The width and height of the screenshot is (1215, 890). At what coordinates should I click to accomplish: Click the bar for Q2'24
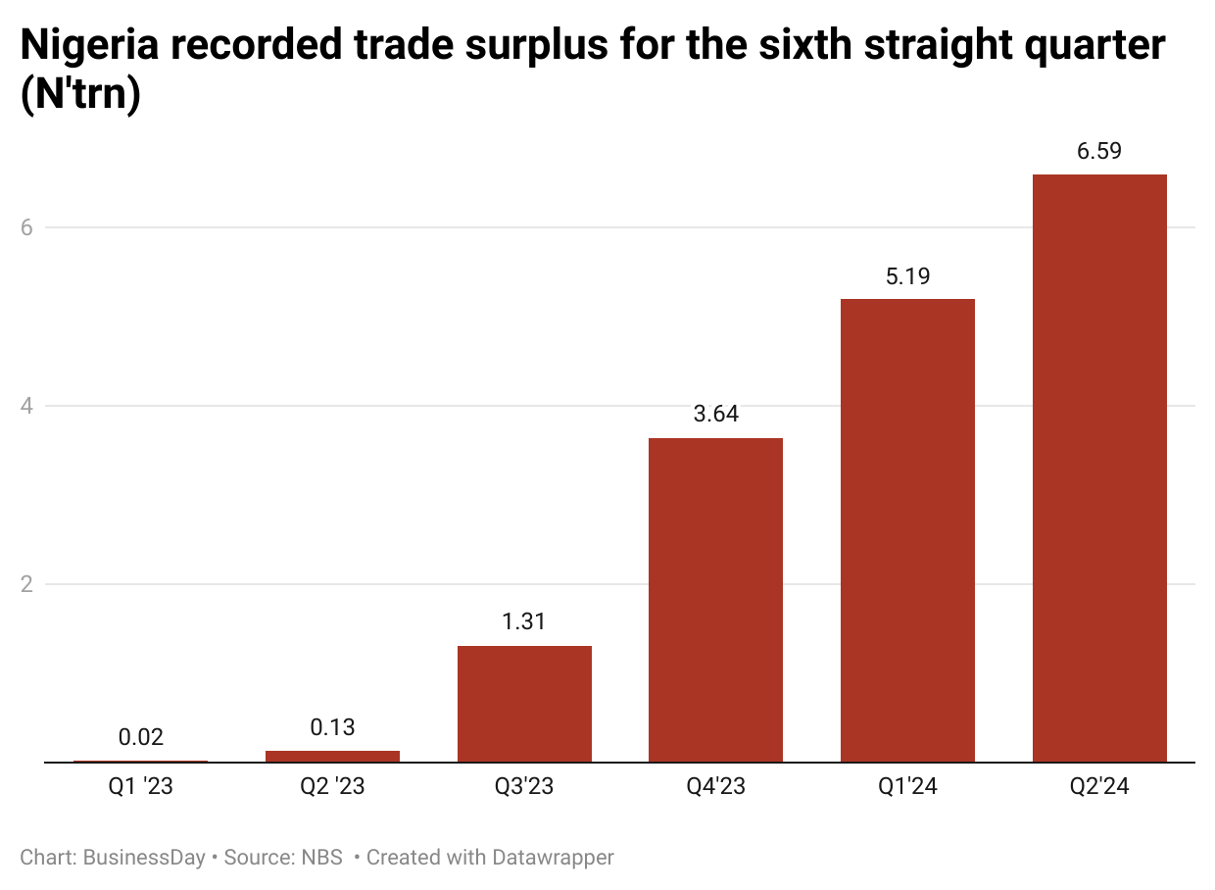tap(1099, 468)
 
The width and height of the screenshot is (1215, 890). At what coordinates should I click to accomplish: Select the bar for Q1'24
tap(907, 529)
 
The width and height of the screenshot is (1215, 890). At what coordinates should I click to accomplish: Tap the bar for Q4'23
tap(715, 599)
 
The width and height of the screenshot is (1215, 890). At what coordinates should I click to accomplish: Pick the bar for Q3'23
tap(524, 703)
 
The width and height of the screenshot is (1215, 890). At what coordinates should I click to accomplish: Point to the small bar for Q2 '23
tap(332, 756)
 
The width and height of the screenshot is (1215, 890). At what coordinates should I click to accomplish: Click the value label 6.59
tap(1099, 152)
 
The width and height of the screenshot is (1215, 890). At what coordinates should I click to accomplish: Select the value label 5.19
tap(907, 276)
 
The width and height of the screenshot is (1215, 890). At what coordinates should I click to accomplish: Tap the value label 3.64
tap(715, 415)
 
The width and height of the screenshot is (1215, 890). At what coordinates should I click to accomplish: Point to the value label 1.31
tap(524, 622)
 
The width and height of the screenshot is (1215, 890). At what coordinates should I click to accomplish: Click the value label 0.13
tap(332, 727)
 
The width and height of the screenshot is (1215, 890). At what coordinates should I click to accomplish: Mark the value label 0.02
tap(141, 737)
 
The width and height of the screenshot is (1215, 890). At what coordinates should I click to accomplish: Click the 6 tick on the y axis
tap(27, 227)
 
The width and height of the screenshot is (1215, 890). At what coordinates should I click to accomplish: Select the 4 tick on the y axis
tap(27, 406)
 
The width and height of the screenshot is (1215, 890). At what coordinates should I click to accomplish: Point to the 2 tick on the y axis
tap(27, 584)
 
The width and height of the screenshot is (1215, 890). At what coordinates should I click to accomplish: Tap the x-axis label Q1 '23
tap(141, 786)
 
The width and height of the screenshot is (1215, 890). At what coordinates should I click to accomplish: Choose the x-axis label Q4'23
tap(715, 786)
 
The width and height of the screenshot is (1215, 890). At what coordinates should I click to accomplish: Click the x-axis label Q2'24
tap(1099, 786)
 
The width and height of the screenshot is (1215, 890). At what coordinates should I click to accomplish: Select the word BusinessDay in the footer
tap(144, 858)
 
